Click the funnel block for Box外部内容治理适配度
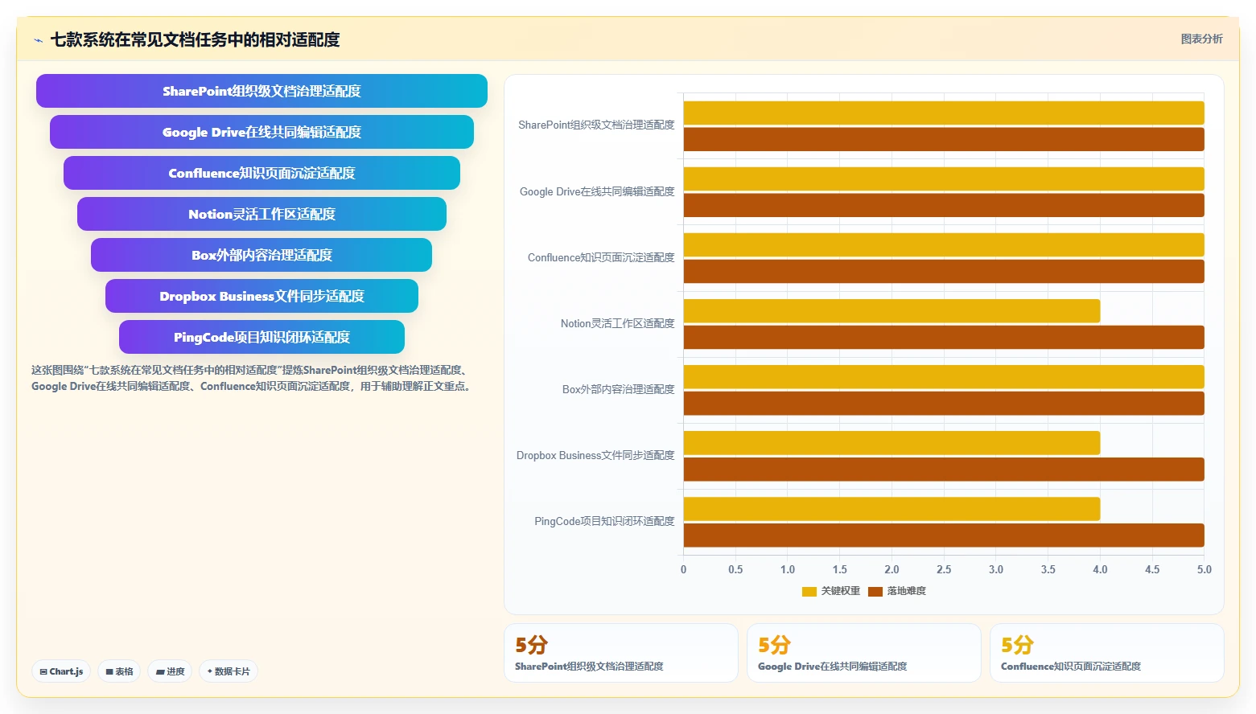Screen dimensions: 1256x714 click(261, 255)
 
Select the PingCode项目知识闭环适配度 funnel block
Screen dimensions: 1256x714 click(261, 337)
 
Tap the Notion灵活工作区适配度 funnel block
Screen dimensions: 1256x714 click(261, 214)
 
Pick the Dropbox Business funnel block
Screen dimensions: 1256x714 click(261, 296)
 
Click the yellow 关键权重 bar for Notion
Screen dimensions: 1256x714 click(892, 311)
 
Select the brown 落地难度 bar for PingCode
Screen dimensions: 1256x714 click(944, 535)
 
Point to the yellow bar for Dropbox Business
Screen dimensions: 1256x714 click(892, 443)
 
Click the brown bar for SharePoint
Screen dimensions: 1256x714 click(944, 140)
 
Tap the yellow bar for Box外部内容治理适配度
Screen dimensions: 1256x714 click(944, 377)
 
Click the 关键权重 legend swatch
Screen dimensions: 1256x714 click(809, 591)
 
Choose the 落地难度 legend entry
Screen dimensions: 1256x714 click(897, 591)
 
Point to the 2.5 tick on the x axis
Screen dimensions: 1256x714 click(944, 569)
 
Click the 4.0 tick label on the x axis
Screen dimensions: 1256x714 click(1100, 569)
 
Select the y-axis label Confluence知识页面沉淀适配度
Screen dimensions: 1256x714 click(601, 258)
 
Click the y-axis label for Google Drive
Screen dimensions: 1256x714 click(597, 191)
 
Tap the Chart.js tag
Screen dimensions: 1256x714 click(61, 671)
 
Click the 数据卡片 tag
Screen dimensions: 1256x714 click(229, 671)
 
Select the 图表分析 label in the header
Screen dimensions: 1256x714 click(1201, 39)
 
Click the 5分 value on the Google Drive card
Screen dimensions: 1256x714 click(774, 645)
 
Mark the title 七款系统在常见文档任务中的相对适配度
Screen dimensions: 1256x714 click(196, 39)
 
